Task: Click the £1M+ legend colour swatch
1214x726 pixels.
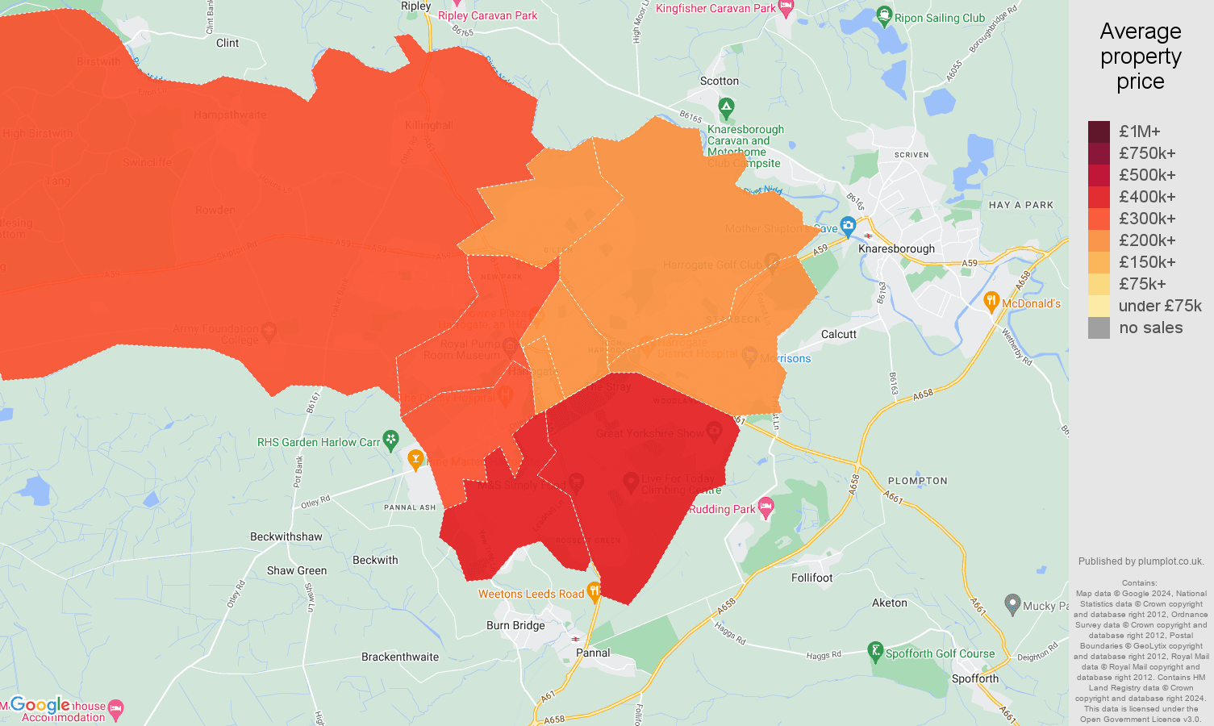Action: click(x=1099, y=131)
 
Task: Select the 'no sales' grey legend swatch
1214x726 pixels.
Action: click(x=1099, y=328)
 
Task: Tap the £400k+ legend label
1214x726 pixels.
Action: click(x=1146, y=197)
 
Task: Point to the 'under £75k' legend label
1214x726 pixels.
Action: click(x=1159, y=306)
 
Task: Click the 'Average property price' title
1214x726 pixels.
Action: click(x=1140, y=56)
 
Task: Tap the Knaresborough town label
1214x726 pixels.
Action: click(x=896, y=248)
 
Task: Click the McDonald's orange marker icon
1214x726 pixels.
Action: click(x=991, y=302)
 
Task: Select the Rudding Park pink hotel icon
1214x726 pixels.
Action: click(x=766, y=507)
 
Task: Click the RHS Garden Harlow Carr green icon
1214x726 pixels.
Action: click(x=391, y=440)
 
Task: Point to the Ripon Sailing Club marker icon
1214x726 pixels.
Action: click(x=884, y=15)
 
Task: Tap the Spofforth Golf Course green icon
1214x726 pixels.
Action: click(x=875, y=651)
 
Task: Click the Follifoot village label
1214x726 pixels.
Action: click(x=811, y=578)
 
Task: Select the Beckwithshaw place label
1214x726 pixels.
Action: click(x=286, y=536)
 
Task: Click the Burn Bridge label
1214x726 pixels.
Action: click(x=515, y=625)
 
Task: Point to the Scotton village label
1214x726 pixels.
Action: click(x=719, y=81)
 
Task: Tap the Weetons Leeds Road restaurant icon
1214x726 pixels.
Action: click(x=594, y=592)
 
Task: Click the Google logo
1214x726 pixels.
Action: click(x=40, y=705)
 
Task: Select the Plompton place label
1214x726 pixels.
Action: click(x=917, y=481)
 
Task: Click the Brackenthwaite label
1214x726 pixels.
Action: click(x=400, y=657)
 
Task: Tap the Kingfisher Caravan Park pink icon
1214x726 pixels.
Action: click(x=786, y=7)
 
